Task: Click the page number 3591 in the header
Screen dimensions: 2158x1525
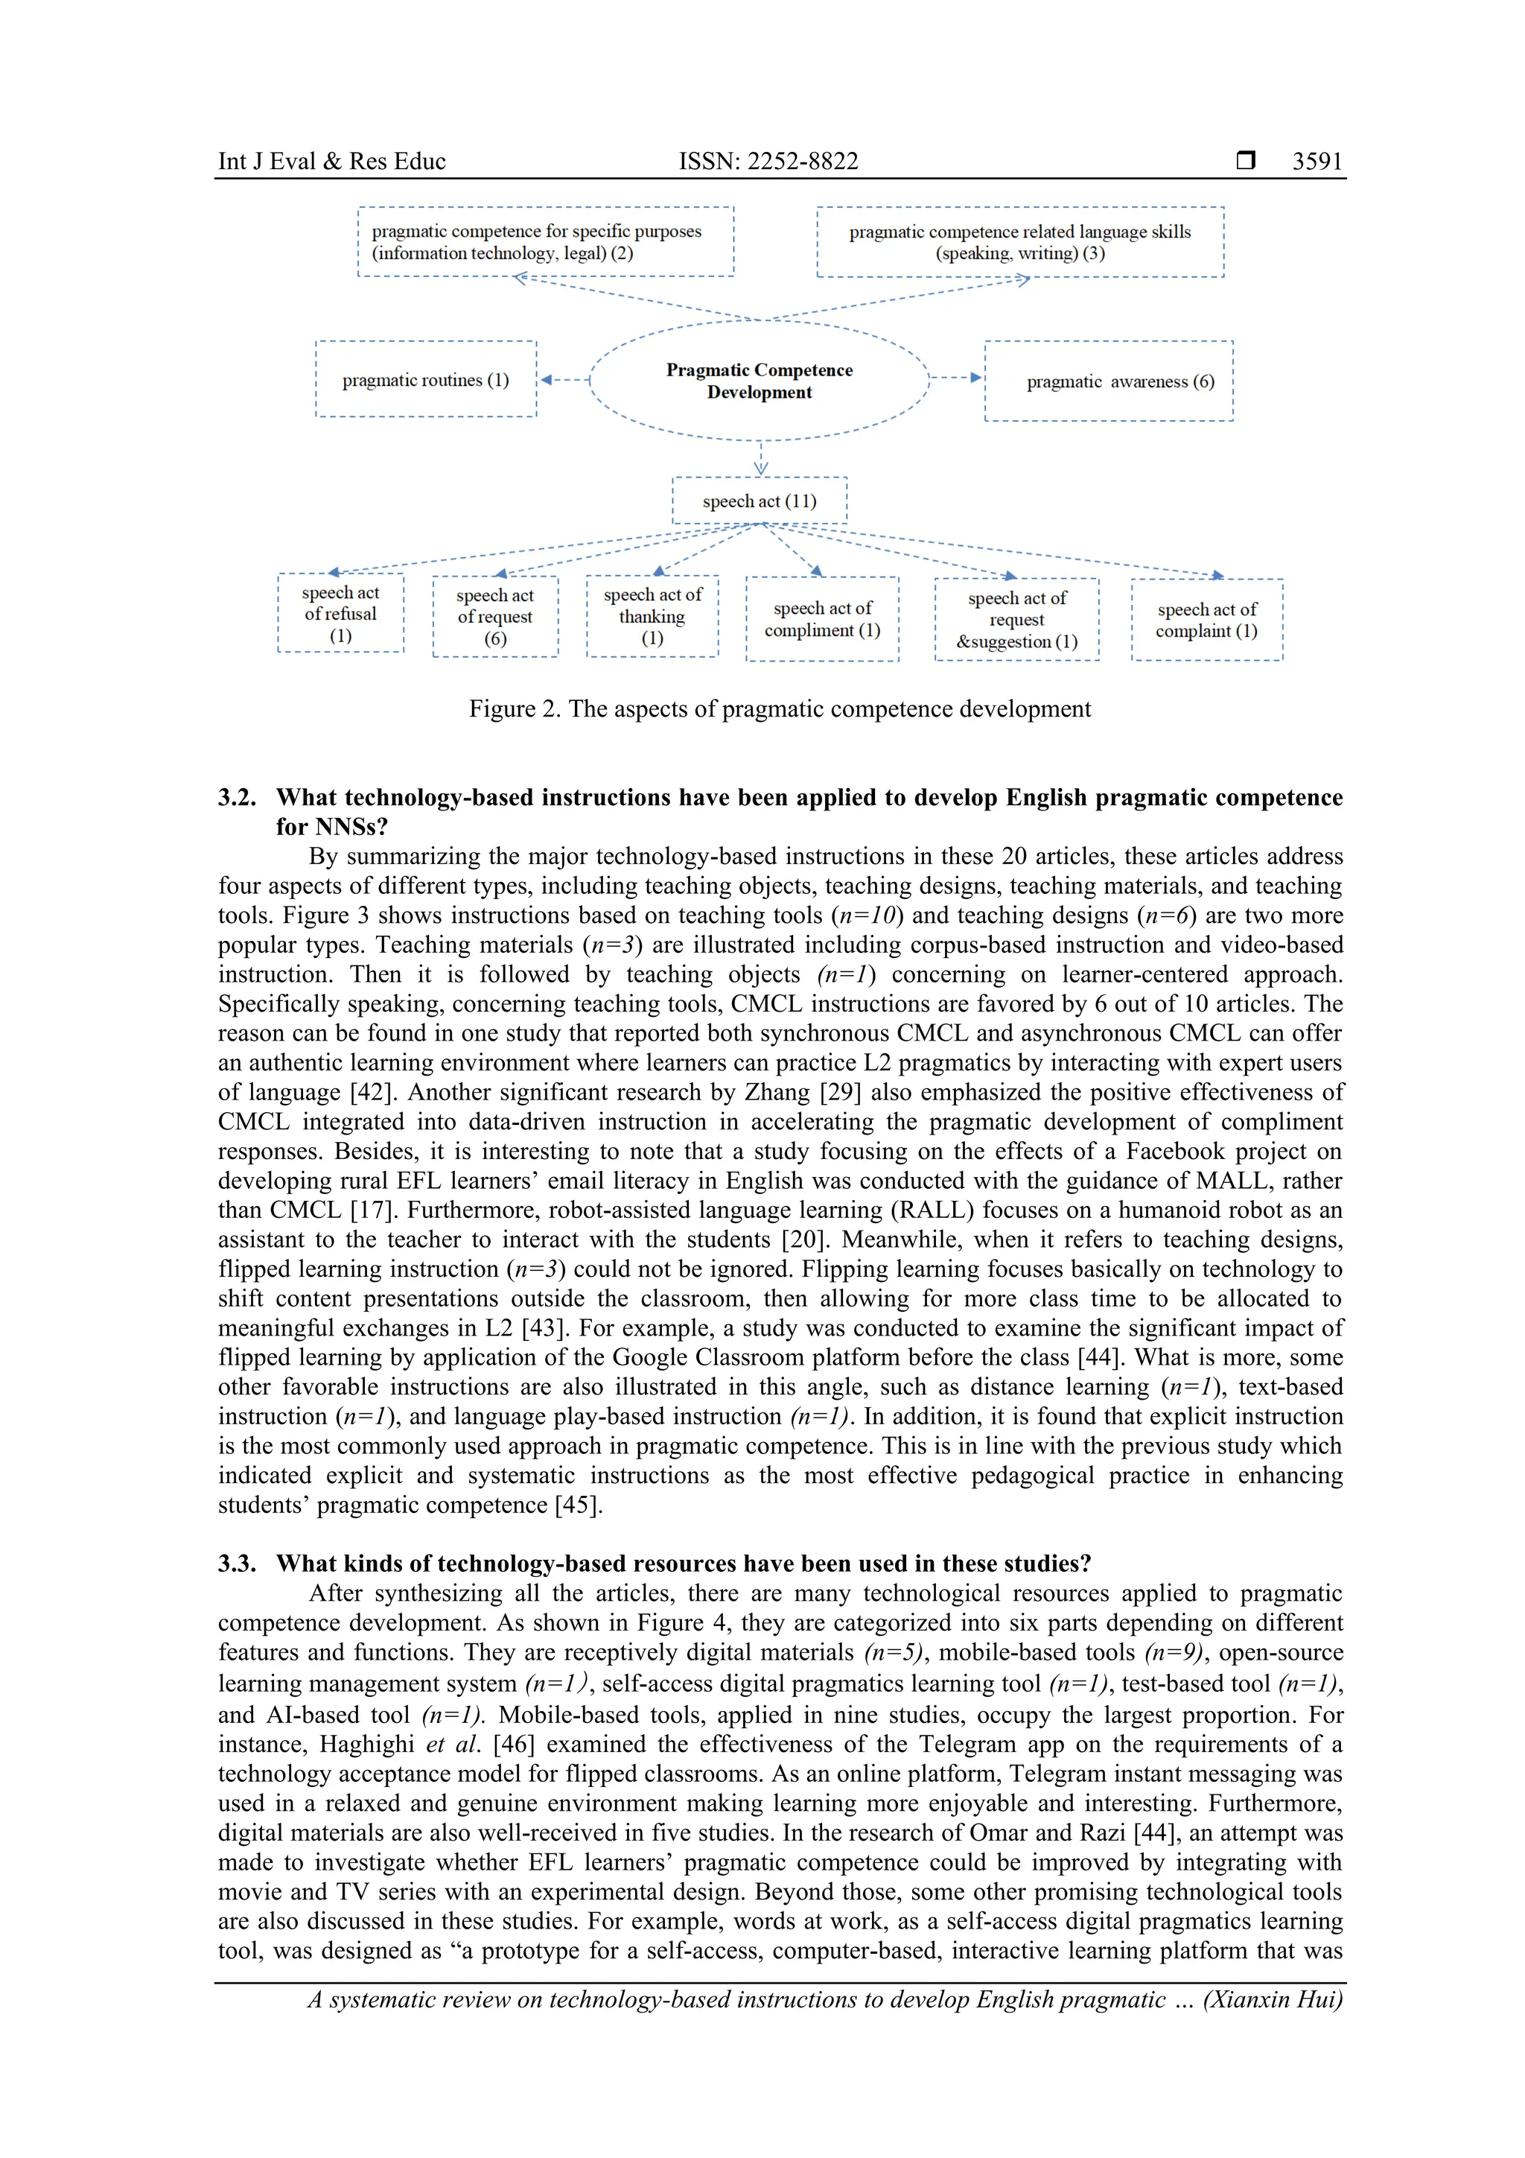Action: pyautogui.click(x=1317, y=161)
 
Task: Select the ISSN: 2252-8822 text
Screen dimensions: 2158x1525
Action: pyautogui.click(x=768, y=161)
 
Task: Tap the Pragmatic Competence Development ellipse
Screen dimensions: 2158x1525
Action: pyautogui.click(x=760, y=381)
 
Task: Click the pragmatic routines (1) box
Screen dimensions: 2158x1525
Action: pyautogui.click(x=426, y=380)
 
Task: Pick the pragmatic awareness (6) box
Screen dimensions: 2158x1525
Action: pyautogui.click(x=1109, y=381)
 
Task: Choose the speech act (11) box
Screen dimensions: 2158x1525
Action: pyautogui.click(x=760, y=501)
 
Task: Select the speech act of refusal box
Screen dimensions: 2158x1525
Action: pyautogui.click(x=340, y=614)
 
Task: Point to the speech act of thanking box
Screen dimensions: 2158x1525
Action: pyautogui.click(x=652, y=617)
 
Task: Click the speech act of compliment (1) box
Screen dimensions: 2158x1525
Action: pyautogui.click(x=822, y=619)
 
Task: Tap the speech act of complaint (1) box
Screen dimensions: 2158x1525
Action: pyautogui.click(x=1206, y=621)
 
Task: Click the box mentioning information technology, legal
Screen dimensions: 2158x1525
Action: pyautogui.click(x=545, y=241)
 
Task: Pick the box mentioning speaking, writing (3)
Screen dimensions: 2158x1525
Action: pyautogui.click(x=1019, y=241)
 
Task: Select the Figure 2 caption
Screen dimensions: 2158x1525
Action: pyautogui.click(x=780, y=708)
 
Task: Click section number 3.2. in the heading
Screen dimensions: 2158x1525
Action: pyautogui.click(x=237, y=797)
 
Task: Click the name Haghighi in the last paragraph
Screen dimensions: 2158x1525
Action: pyautogui.click(x=366, y=1745)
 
